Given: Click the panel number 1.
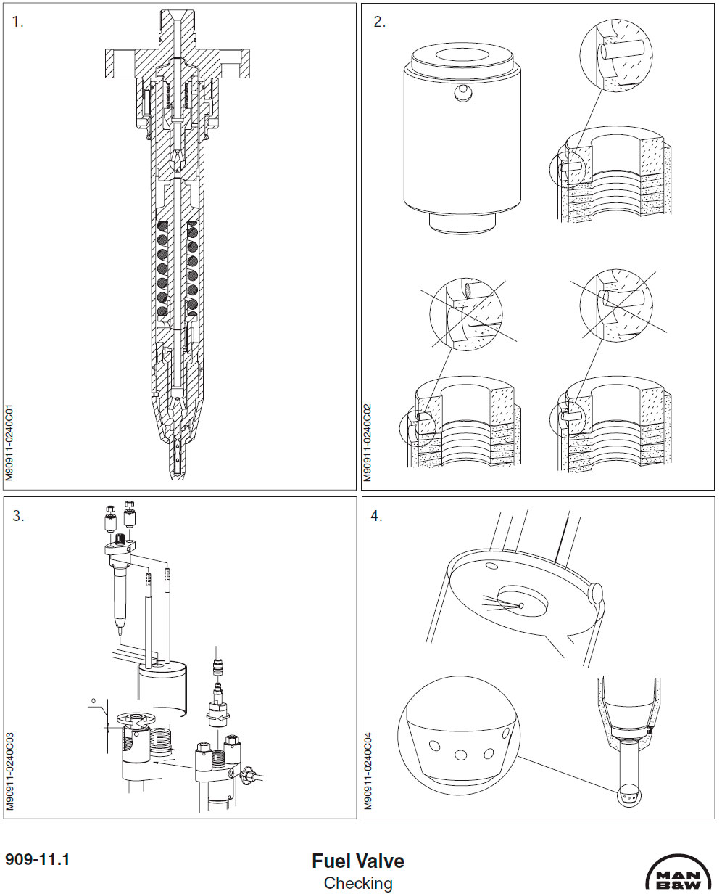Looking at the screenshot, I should [x=17, y=22].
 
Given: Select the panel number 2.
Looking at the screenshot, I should [x=379, y=22].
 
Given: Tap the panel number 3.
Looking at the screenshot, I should [x=17, y=516].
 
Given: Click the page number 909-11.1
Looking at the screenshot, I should [x=37, y=860].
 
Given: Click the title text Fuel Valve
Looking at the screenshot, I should [x=358, y=861].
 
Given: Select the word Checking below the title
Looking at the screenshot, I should [x=358, y=883].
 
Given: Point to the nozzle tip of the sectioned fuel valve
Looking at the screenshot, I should [x=176, y=468].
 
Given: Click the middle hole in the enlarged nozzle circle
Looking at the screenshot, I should [x=460, y=755].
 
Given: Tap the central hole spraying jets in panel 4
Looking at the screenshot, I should [x=521, y=605].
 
